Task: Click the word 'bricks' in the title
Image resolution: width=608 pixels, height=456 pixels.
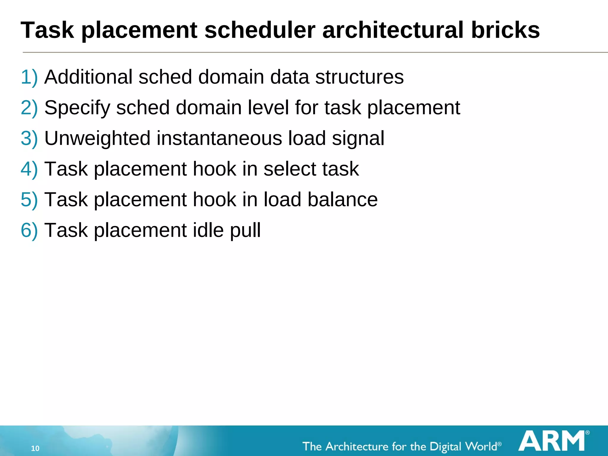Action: (505, 30)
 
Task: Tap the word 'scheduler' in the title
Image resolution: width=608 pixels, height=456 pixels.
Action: (260, 30)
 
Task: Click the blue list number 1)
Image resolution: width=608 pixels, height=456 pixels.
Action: (29, 77)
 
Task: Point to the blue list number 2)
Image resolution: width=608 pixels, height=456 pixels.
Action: (29, 107)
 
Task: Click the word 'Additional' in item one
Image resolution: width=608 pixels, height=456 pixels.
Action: (88, 77)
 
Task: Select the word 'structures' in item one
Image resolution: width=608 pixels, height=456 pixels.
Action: (359, 77)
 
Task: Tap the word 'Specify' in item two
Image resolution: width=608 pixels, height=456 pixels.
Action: (77, 108)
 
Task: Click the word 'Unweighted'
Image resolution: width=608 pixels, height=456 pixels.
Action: (97, 138)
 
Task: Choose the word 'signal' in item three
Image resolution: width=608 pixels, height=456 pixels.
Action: (358, 139)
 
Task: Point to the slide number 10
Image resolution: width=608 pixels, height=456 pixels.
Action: (35, 448)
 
